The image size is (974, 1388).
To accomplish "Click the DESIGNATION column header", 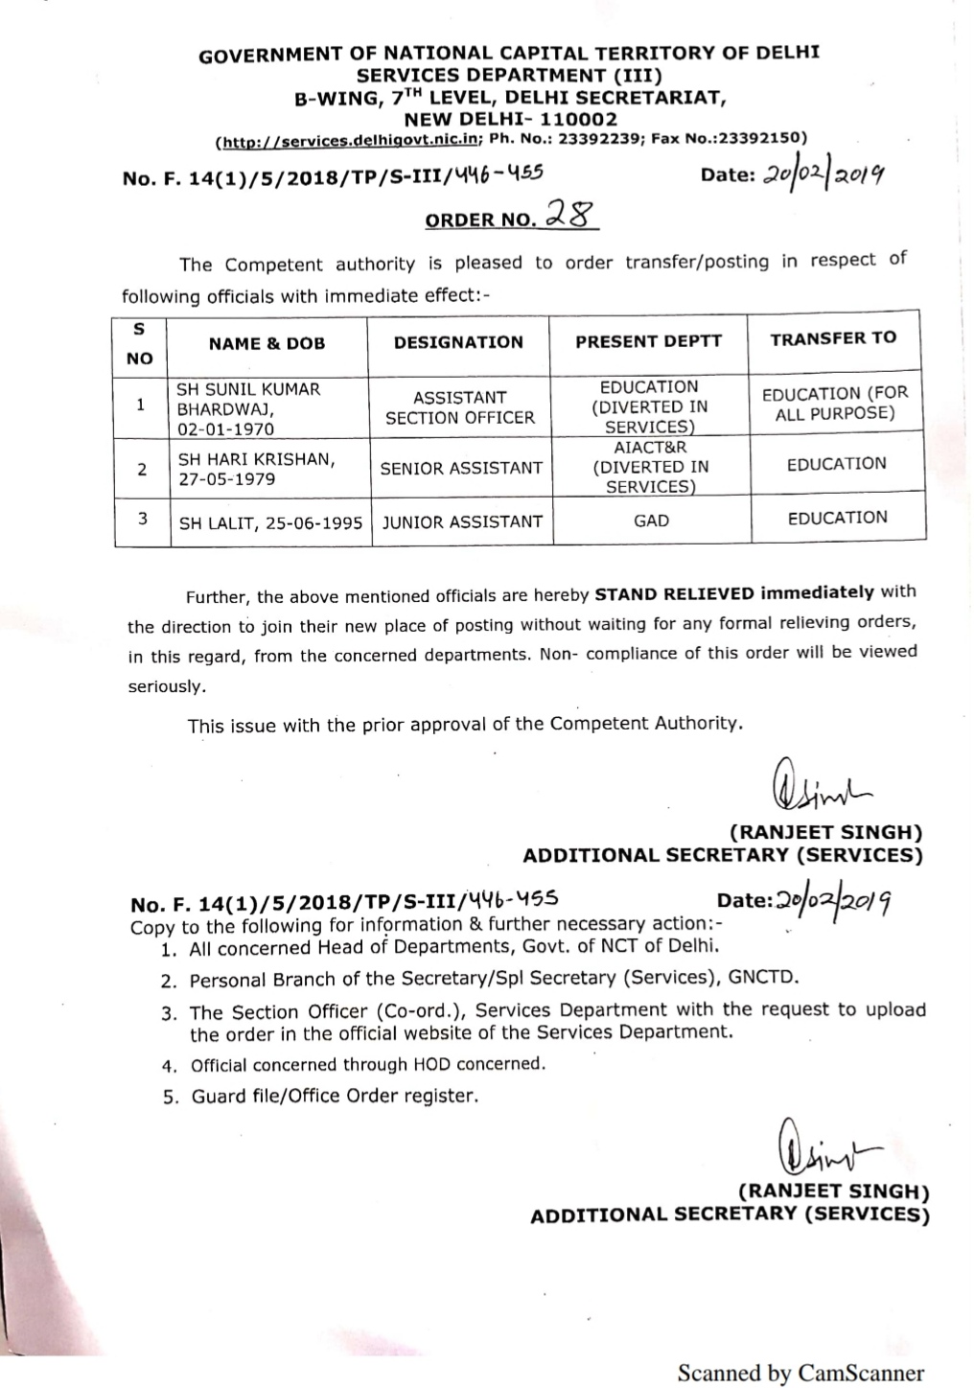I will [458, 342].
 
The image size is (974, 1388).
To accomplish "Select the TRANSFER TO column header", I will [833, 337].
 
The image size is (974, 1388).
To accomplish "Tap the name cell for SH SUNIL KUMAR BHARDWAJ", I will [248, 409].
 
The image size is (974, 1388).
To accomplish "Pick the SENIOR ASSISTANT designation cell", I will [461, 468].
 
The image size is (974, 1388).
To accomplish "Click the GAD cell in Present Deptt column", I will [651, 520].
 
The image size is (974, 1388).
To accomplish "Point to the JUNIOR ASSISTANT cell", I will [462, 521].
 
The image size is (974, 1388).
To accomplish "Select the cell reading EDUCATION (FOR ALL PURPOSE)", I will [834, 404].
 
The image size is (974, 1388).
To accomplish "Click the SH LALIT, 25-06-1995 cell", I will [271, 522].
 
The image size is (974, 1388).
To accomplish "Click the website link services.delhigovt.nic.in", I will [351, 141].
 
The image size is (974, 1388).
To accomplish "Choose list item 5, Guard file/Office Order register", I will [333, 1096].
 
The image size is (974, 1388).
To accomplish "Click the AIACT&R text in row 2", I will [650, 448].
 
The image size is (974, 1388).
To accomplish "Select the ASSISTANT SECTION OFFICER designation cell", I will [459, 407].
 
